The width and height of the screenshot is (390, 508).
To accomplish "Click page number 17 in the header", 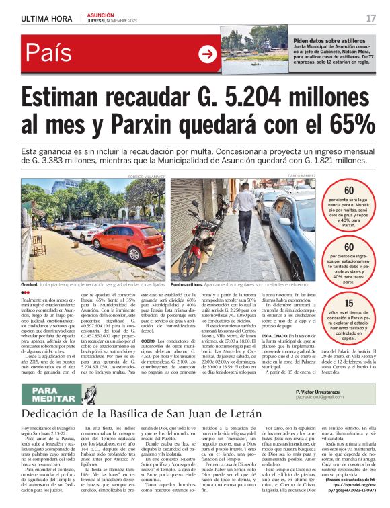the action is coord(370,17).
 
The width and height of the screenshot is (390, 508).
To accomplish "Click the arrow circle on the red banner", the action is coord(207,54).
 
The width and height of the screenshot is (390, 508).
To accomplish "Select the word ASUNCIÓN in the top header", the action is coord(101,14).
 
